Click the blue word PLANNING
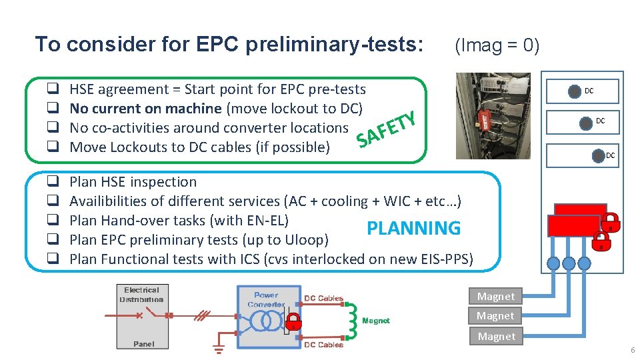coord(413,228)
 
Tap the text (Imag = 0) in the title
coord(496,45)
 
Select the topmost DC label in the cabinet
coord(589,91)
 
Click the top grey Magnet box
coord(496,297)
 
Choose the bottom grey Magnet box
coord(496,337)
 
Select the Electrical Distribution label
coord(141,295)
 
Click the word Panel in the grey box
coord(143,344)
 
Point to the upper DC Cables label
coord(324,298)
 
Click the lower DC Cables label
coord(324,345)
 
